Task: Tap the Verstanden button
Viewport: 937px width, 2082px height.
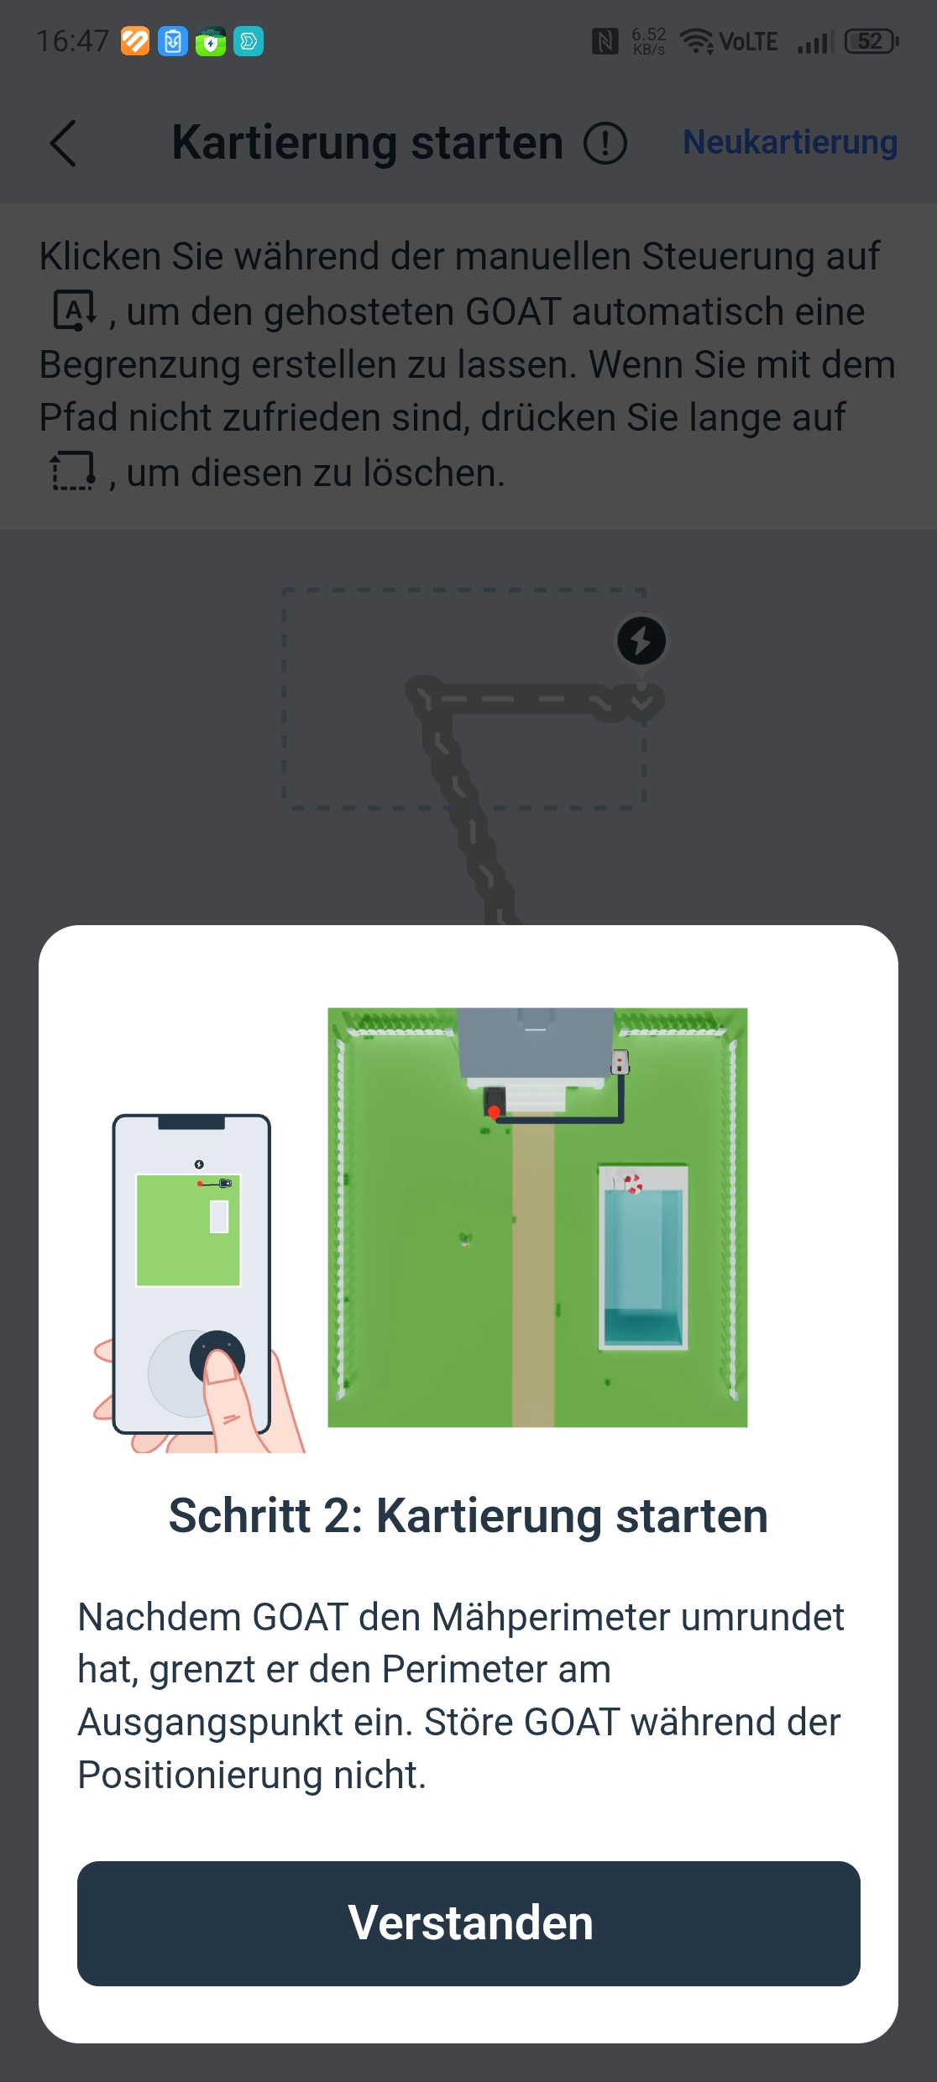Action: coord(468,1922)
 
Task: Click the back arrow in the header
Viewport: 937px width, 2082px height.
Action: coord(63,143)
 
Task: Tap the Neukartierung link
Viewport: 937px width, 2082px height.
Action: coord(790,142)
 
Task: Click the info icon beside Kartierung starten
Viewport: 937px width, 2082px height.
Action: coord(605,143)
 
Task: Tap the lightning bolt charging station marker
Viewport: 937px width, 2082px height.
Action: coord(641,641)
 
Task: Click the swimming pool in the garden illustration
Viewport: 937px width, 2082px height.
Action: coord(643,1257)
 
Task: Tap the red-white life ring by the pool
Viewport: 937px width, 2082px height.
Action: coord(633,1184)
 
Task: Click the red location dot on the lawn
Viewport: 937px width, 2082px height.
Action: coord(495,1113)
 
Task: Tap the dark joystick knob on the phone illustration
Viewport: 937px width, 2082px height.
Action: coord(217,1356)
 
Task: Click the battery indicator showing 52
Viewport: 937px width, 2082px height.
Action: coord(872,41)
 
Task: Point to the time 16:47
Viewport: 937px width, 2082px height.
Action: coord(73,41)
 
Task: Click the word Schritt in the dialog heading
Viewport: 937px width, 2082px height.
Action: coord(240,1516)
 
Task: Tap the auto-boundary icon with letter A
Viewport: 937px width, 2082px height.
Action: coord(75,311)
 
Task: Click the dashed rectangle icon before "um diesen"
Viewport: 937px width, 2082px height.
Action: coord(73,471)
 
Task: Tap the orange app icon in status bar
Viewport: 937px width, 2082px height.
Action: coord(135,41)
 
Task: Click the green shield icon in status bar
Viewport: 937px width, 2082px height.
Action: coord(211,41)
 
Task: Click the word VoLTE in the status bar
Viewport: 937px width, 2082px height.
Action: coord(748,42)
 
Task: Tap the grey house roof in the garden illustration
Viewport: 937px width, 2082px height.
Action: coord(536,1042)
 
